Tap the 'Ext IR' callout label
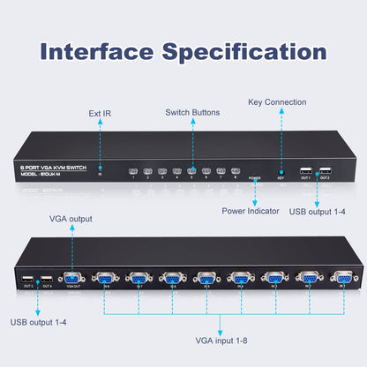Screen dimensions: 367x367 [100, 114]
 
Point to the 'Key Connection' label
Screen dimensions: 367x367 [277, 103]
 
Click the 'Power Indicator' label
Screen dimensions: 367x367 [251, 212]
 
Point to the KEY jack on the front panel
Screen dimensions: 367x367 [281, 172]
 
